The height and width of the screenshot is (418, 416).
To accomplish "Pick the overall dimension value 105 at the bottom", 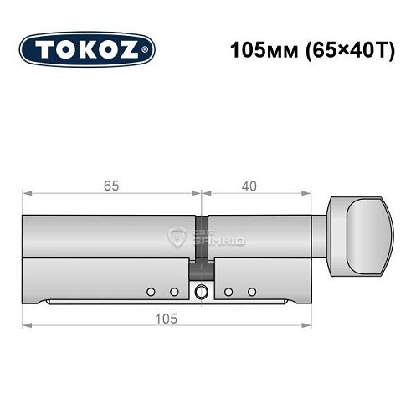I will pyautogui.click(x=171, y=319).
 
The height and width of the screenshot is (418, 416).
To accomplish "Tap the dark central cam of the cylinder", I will pyautogui.click(x=201, y=247).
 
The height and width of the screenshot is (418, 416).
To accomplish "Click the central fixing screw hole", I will pyautogui.click(x=201, y=292).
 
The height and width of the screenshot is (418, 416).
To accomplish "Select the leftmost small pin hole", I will pyautogui.click(x=151, y=292).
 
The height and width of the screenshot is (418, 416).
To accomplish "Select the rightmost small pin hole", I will pyautogui.click(x=251, y=292).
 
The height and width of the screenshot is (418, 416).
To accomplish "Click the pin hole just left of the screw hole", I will pyautogui.click(x=175, y=292).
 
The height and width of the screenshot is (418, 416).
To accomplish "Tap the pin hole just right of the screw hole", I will pyautogui.click(x=227, y=292).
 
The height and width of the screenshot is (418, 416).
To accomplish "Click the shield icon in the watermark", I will pyautogui.click(x=177, y=238).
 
